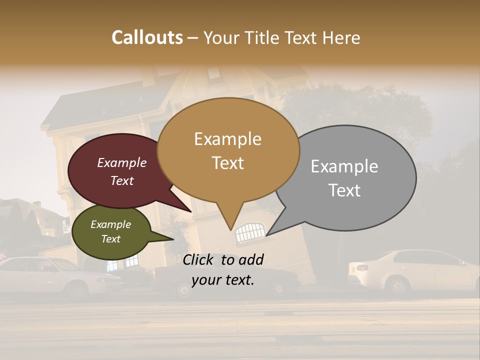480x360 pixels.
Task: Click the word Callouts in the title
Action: [x=147, y=37]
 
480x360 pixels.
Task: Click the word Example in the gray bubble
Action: [x=344, y=166]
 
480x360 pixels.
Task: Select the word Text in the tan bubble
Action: [x=228, y=163]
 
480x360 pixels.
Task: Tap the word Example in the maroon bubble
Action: [x=122, y=163]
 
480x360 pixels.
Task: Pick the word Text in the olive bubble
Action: [x=111, y=239]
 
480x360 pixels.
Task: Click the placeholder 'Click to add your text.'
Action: [x=223, y=270]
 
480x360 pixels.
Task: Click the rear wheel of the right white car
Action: [x=398, y=286]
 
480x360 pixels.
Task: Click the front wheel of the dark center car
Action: [x=184, y=290]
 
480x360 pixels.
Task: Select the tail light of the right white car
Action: [x=362, y=268]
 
